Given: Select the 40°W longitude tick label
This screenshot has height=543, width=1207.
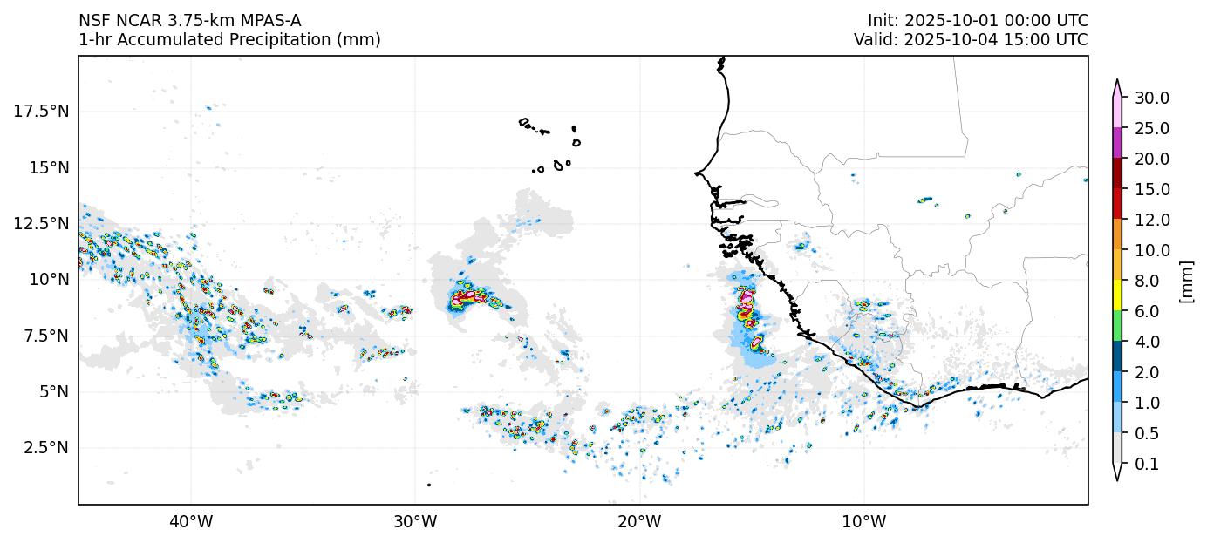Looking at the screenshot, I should coord(190,522).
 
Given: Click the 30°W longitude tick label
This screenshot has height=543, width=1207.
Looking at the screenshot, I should coord(415,522).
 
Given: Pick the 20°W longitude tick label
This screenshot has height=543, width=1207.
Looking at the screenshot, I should coord(639,522).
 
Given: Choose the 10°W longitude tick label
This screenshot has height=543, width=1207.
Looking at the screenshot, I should coord(864,522).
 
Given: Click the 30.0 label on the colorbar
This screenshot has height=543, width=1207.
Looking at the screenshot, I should coord(1151,98).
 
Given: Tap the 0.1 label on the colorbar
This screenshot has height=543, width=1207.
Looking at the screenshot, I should coord(1148,464).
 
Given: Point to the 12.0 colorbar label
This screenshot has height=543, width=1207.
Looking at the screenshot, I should coord(1151,220).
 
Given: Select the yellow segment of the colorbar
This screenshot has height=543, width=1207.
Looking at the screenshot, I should coord(1116,295).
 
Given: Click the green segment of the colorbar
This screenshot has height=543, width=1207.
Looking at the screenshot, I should coord(1116,326).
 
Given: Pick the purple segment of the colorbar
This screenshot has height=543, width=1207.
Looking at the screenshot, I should coord(1116,143).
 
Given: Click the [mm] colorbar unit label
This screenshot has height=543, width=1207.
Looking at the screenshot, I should coord(1186,281).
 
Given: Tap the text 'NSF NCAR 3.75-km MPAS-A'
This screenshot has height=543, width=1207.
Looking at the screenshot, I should coord(190,21).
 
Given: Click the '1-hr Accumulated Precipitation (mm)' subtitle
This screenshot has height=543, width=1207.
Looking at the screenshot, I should coord(229,40).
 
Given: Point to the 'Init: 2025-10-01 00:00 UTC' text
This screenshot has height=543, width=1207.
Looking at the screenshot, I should coord(978,21).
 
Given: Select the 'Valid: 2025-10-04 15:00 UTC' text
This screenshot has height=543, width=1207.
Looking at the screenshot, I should coord(971,40).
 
